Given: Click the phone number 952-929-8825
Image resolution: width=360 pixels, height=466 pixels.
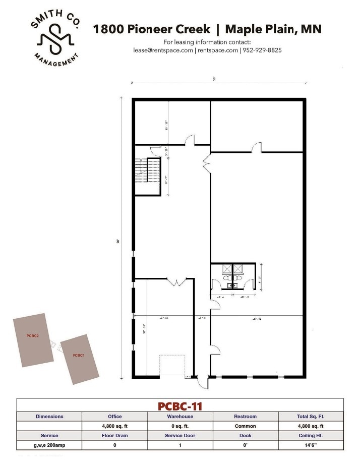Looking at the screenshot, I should coord(262,50).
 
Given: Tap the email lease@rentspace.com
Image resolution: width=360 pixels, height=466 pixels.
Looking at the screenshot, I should coord(163,50).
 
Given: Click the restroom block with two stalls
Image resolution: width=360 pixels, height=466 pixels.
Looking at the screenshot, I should coord(232,276).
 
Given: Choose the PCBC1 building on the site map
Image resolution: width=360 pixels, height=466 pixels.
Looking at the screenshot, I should coord(79,359).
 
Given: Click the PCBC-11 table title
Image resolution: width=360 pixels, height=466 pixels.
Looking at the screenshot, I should coord(180,405).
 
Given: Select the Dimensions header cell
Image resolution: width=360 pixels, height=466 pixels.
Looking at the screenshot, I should coord(49,417).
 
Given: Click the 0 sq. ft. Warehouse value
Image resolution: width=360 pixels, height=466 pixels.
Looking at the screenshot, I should coord(180,426).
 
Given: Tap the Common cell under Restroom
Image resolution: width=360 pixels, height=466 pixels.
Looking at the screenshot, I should coord(246,426).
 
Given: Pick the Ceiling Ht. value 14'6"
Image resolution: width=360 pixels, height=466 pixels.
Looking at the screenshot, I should coord(311,445).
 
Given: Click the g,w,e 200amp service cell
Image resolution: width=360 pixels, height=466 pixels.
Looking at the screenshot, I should coord(49,445).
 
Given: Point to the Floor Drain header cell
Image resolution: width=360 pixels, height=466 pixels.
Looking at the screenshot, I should coord(114,436).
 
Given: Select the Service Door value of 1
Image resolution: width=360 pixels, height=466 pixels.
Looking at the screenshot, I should coord(180,445).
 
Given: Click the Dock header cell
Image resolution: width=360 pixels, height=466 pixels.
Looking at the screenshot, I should coord(246,436).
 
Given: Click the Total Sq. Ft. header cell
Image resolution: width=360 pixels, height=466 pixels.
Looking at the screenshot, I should coord(311,417).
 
